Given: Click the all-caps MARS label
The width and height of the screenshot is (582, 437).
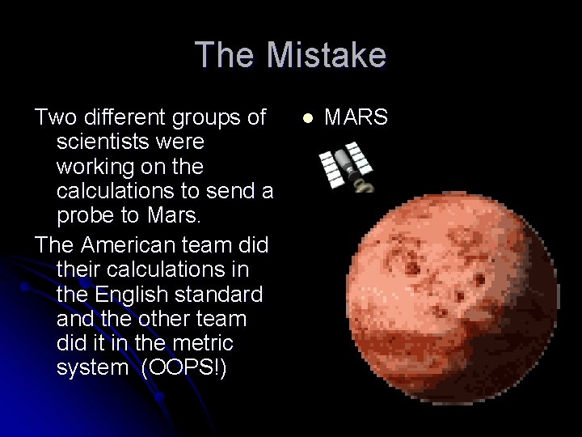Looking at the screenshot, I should coord(356,118).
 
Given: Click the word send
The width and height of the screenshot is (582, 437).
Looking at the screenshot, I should coord(234,192).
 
